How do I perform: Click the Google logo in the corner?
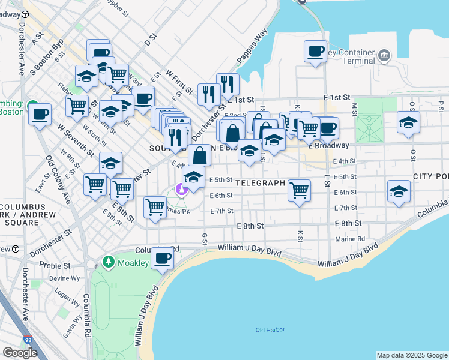[20, 353]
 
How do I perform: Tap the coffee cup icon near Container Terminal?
[315, 51]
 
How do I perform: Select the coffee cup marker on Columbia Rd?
[161, 258]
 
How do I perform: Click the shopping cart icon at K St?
[299, 191]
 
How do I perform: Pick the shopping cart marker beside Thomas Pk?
[155, 208]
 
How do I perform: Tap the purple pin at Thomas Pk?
[182, 190]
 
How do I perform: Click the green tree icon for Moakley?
[108, 262]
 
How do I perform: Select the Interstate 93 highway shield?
[28, 340]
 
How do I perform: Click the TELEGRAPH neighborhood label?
[259, 182]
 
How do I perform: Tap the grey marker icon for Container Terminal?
[384, 56]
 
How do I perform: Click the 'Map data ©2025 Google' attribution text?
[412, 355]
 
